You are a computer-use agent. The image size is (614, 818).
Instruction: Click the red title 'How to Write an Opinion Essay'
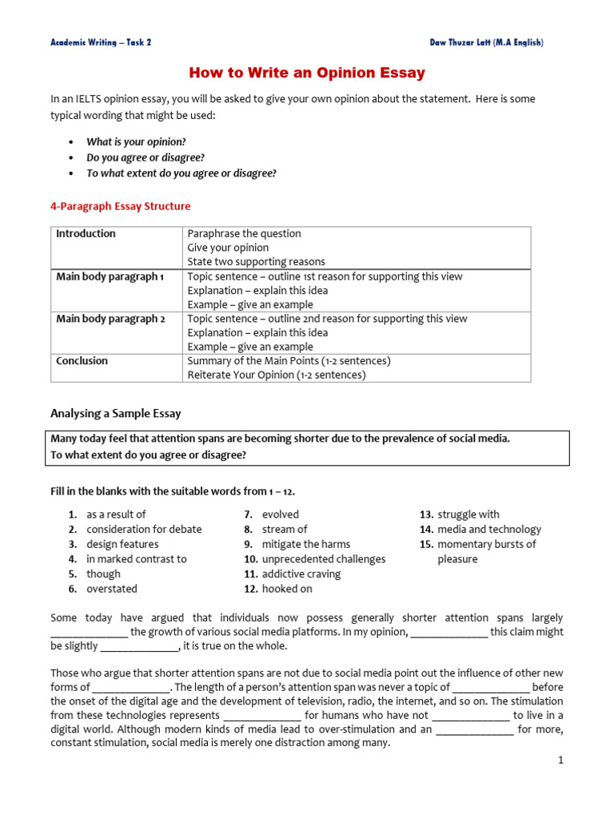307,73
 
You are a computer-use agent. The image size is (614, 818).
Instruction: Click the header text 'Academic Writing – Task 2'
101,42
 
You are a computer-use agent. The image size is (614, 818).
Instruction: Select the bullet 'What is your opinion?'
136,141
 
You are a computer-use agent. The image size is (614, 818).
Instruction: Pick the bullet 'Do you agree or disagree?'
146,157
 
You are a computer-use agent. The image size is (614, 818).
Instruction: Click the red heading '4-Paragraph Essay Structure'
121,206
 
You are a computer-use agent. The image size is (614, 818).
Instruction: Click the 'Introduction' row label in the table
86,233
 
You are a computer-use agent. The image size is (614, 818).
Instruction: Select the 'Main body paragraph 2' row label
110,319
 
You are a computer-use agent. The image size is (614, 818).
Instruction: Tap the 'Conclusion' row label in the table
82,361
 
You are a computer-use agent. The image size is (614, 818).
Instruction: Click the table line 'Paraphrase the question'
244,233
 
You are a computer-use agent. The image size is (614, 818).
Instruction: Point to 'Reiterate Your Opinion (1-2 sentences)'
277,375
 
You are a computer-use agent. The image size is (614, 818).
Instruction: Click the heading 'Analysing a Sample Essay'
116,413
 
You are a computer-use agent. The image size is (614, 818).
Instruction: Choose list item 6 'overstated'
112,589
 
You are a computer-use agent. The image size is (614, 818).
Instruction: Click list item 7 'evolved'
280,514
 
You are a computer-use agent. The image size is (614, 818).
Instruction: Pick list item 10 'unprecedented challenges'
323,559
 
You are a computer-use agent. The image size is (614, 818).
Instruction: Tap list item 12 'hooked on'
287,589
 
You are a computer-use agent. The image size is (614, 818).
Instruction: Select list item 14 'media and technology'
488,529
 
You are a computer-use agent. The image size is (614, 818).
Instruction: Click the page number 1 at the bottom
561,760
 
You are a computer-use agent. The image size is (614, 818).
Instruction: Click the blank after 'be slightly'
139,646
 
